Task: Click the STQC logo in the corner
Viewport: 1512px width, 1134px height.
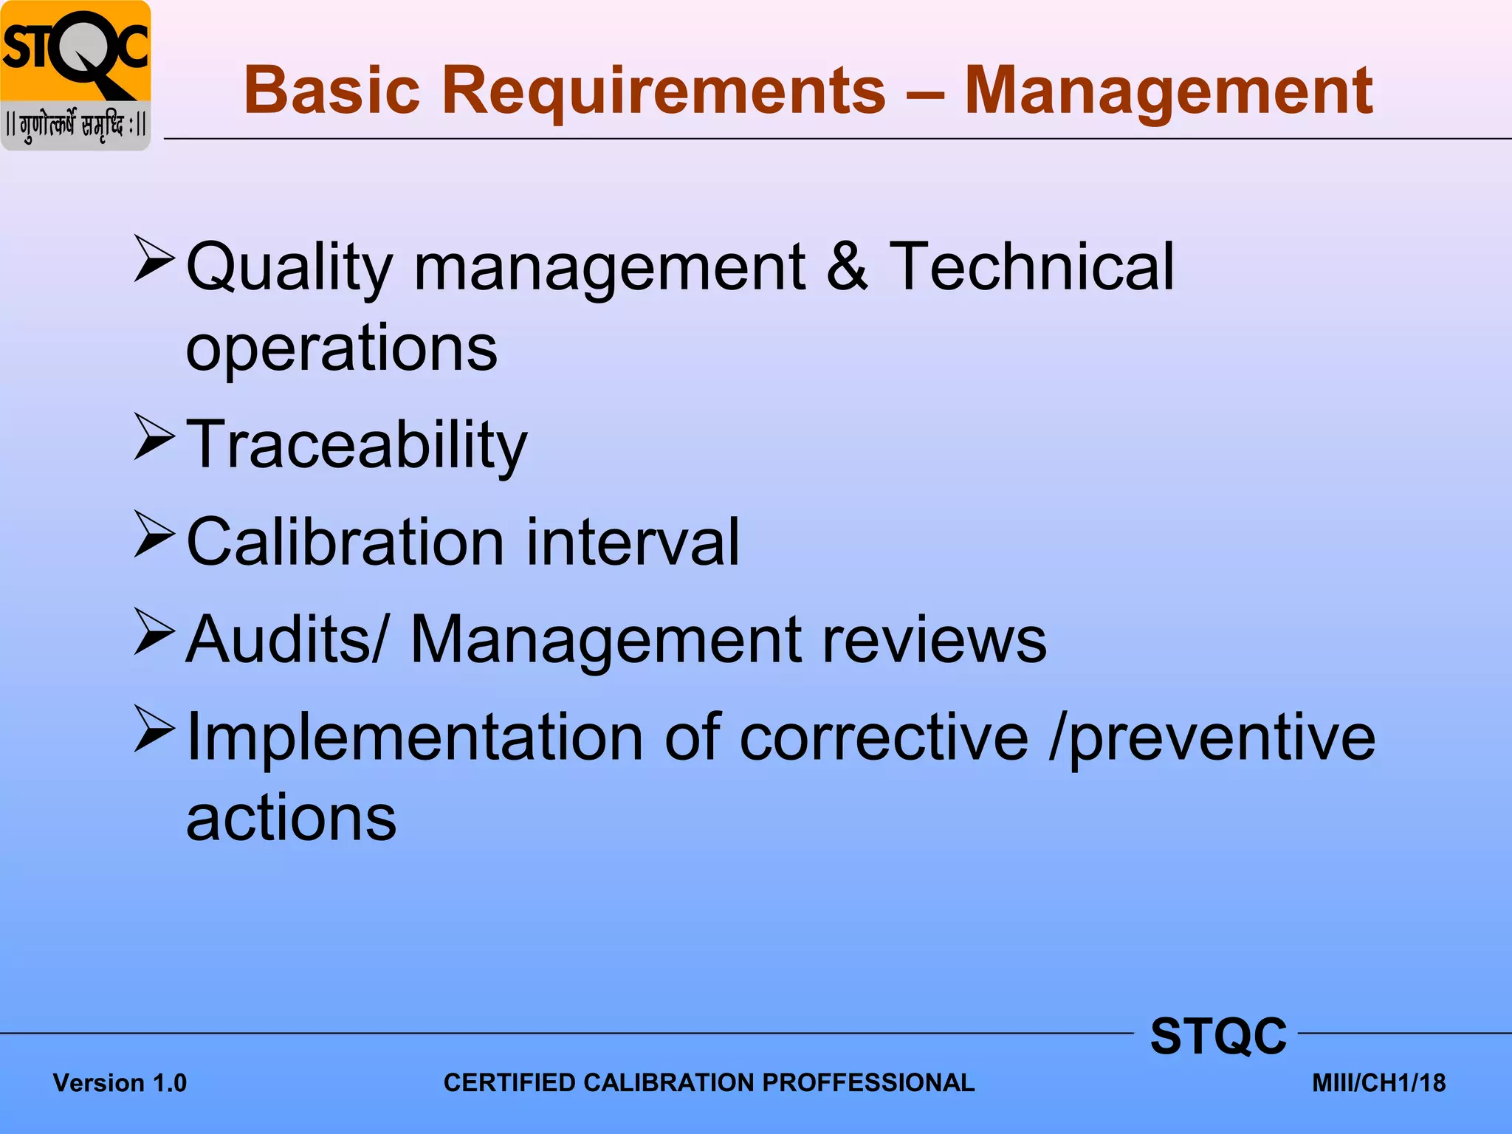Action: tap(75, 75)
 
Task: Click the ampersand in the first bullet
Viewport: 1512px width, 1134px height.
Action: tap(846, 267)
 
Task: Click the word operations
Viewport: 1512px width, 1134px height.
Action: tap(341, 348)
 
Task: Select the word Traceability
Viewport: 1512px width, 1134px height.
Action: tap(357, 444)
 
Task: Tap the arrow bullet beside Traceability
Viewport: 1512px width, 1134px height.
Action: tap(154, 437)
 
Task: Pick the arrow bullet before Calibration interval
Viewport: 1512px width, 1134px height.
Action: tap(154, 535)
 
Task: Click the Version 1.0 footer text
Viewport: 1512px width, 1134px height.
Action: tap(120, 1083)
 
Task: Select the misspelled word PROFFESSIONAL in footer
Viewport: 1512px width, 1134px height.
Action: tap(867, 1083)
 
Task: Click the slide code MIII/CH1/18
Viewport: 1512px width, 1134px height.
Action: tap(1378, 1083)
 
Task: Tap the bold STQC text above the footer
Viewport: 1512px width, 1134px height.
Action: tap(1218, 1036)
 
